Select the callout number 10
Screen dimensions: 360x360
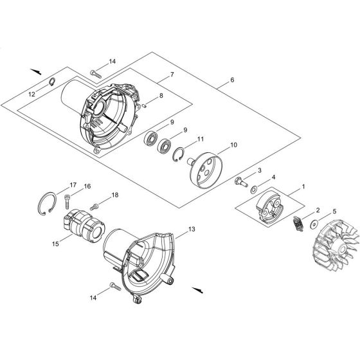coord(233,145)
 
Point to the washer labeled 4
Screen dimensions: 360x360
coord(256,190)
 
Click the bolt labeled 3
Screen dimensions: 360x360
coord(240,183)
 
